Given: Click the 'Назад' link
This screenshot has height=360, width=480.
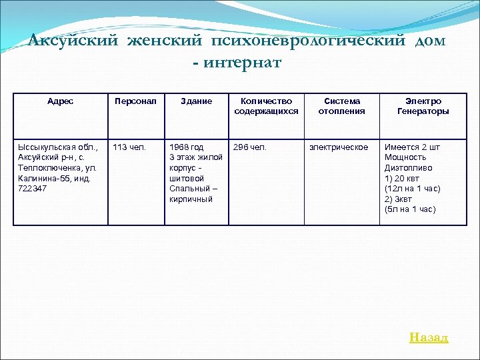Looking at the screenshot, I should point(429,337).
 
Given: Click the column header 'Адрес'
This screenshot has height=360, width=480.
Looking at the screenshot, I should point(61,101).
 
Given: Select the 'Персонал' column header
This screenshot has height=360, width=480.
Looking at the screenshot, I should point(135,101).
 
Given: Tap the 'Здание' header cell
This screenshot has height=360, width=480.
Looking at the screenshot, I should point(197,101).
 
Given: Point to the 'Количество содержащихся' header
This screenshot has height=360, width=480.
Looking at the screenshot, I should point(266,106).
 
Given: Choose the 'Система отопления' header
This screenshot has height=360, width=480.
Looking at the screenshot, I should point(341,106).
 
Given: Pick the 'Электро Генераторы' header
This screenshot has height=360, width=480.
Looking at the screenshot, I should point(423,106).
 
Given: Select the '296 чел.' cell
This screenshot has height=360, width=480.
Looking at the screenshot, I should point(249,147).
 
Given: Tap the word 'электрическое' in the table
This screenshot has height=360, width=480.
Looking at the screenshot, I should point(338,147).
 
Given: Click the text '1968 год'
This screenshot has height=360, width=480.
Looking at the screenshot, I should point(187,147).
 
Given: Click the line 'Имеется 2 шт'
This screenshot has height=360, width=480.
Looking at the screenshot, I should point(412,147).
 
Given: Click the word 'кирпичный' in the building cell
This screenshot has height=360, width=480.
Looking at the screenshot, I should point(191,199).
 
